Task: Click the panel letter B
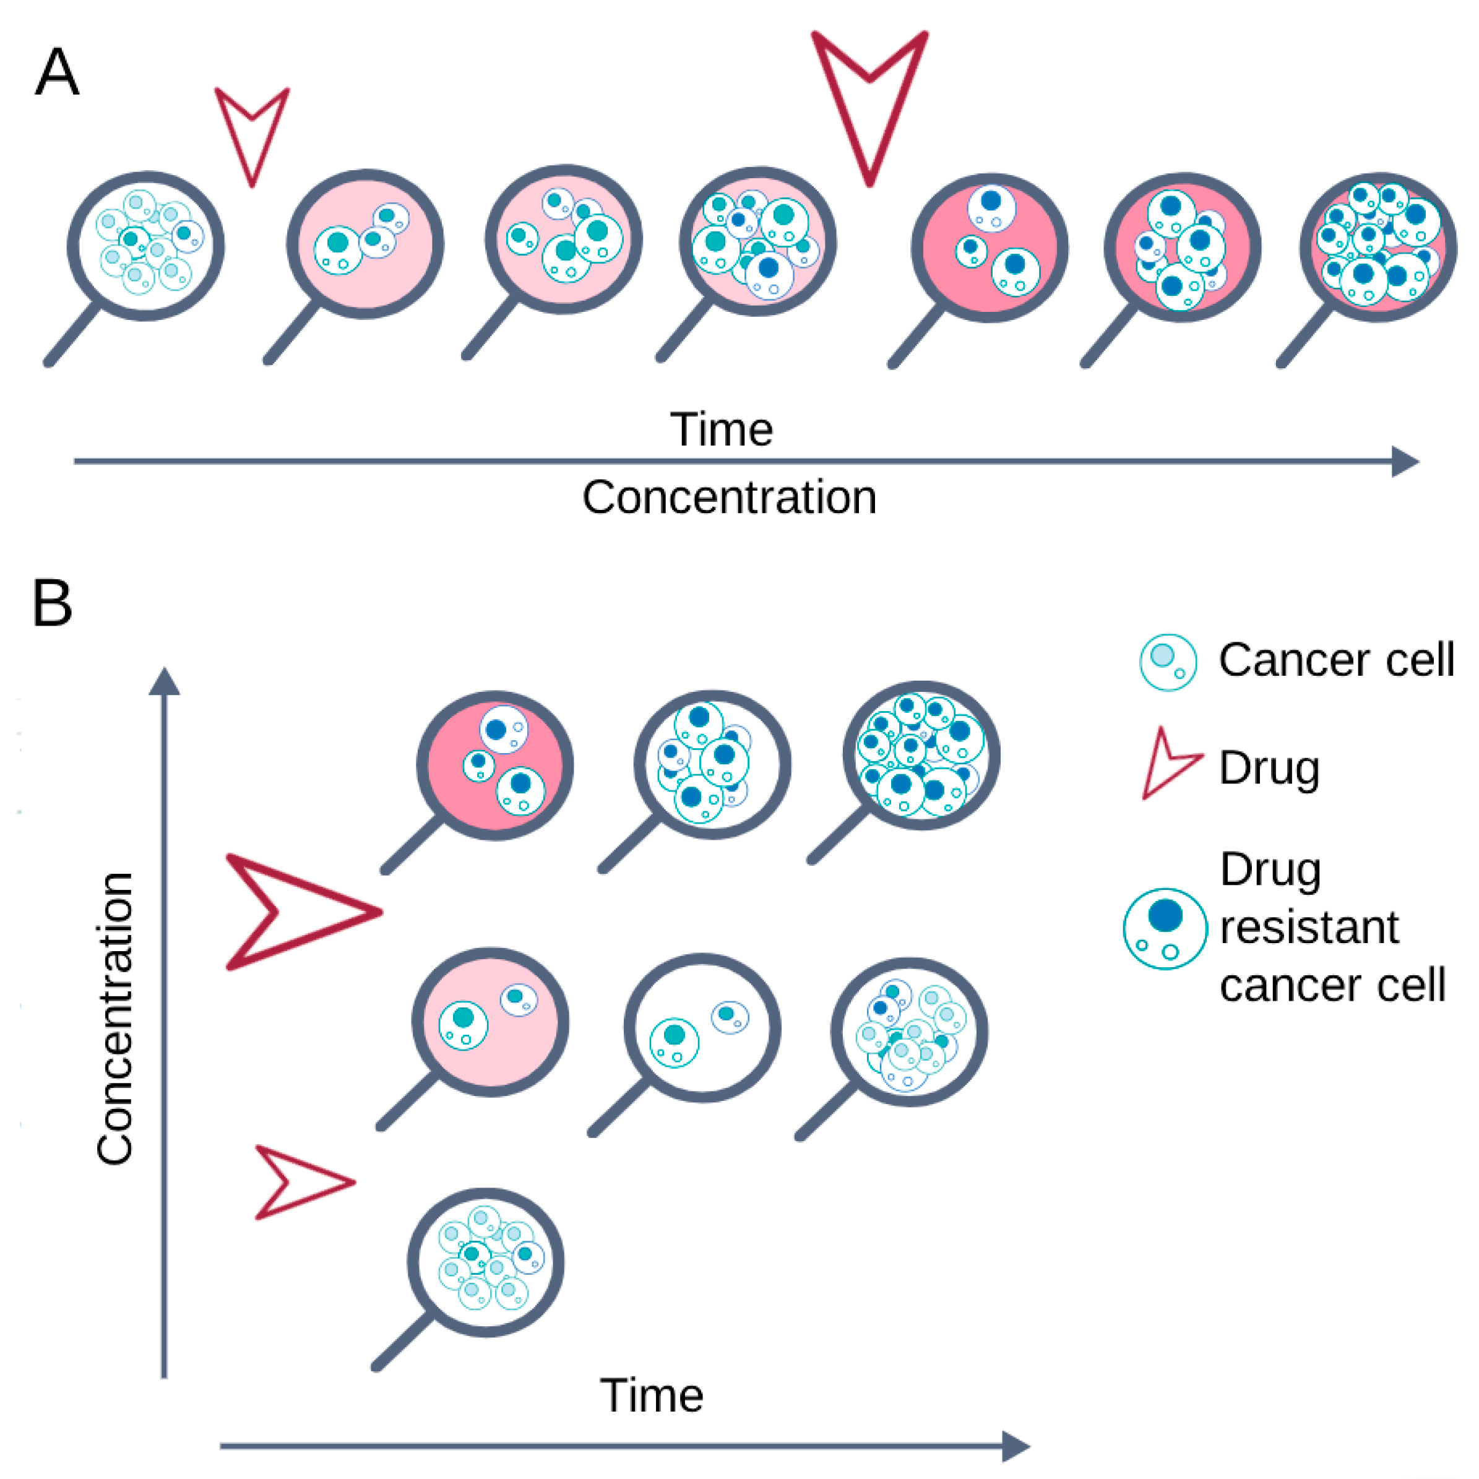(52, 603)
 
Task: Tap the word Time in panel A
(721, 429)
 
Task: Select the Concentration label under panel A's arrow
(729, 498)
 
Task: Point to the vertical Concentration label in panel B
(116, 1018)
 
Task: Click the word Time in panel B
(652, 1395)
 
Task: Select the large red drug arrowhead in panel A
(869, 100)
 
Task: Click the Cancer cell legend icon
(1168, 662)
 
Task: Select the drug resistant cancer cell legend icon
(1165, 929)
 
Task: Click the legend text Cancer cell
(1336, 660)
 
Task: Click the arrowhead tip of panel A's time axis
(1407, 462)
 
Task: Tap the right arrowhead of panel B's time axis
(1018, 1446)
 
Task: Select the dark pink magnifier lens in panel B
(494, 765)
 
